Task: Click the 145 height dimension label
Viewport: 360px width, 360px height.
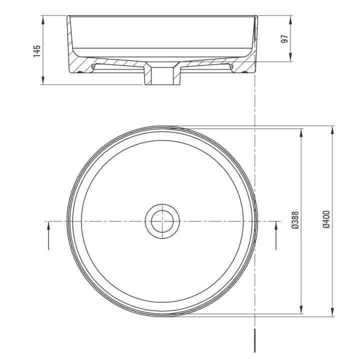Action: pyautogui.click(x=36, y=51)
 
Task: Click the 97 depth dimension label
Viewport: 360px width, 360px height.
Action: pyautogui.click(x=284, y=39)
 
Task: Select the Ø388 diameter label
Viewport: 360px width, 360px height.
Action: pyautogui.click(x=295, y=220)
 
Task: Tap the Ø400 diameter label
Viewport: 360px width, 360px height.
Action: pyautogui.click(x=326, y=219)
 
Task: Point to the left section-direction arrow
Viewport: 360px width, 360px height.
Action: pyautogui.click(x=48, y=236)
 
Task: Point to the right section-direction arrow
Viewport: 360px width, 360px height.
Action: pyautogui.click(x=276, y=236)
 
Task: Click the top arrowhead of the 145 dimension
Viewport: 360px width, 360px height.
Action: pyautogui.click(x=43, y=20)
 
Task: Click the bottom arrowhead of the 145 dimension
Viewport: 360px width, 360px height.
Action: pyautogui.click(x=43, y=80)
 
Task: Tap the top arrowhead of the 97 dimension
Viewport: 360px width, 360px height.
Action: pyautogui.click(x=290, y=20)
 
